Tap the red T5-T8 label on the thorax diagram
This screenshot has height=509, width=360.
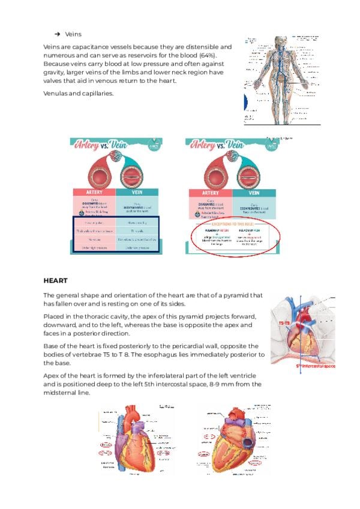click(x=286, y=324)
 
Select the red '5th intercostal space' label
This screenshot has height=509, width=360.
click(x=316, y=365)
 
